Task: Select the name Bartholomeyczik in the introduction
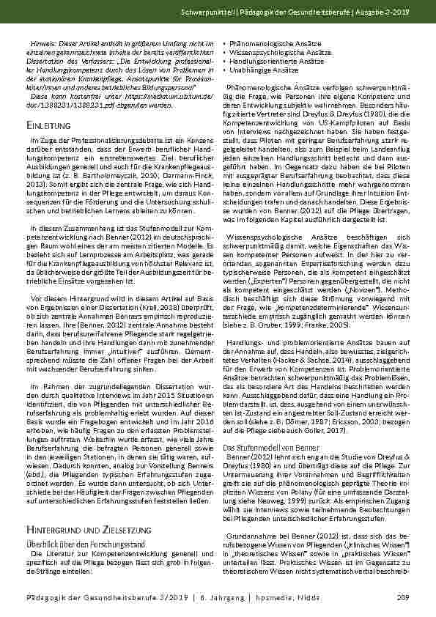coord(95,172)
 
